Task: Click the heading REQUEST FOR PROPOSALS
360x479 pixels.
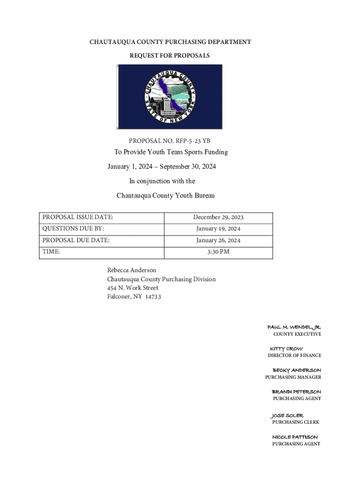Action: [170, 56]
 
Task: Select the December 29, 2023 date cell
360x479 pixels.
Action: [218, 218]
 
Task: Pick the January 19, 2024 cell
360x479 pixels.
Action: [218, 229]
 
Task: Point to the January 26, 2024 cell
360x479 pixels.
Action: [218, 240]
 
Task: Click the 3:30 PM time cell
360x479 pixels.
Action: [218, 252]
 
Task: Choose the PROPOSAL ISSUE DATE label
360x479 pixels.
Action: [78, 218]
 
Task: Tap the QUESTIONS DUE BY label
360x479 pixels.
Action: [73, 229]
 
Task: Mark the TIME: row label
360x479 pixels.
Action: [51, 252]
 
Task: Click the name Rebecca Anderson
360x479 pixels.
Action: [132, 270]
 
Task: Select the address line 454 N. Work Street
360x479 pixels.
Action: [133, 288]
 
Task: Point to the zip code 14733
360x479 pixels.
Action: [153, 297]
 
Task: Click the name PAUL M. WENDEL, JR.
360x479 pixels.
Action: [294, 327]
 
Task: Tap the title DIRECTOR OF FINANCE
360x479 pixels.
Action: [294, 356]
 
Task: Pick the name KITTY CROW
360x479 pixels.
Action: [286, 349]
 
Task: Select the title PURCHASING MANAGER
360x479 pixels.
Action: [293, 377]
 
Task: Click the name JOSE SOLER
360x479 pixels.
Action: [288, 415]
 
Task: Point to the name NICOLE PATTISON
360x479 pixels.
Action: [295, 437]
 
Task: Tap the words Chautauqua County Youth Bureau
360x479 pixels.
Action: [166, 196]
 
